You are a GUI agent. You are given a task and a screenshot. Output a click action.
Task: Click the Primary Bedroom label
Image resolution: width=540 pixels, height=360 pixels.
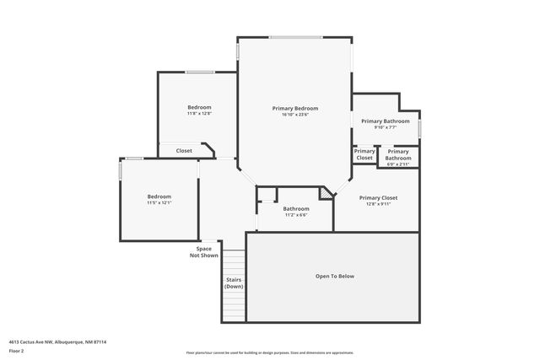[x=294, y=108]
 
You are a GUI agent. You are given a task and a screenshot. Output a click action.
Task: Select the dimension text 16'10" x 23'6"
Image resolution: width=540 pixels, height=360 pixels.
[x=294, y=115]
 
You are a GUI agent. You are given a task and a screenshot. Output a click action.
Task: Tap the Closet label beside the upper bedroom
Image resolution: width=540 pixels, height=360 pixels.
[x=184, y=151]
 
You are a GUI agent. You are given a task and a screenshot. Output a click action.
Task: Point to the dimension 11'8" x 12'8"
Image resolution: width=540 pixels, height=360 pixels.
[x=199, y=114]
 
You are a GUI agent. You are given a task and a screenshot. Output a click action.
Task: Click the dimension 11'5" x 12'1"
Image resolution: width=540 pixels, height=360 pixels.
[x=159, y=202]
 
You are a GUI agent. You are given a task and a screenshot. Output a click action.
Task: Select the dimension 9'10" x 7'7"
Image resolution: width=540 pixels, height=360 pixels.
[x=385, y=128]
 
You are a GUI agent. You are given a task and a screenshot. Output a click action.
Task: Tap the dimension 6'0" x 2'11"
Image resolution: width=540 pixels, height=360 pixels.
[x=398, y=164]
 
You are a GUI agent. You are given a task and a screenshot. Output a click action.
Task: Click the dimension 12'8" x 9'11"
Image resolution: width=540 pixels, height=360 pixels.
[x=378, y=204]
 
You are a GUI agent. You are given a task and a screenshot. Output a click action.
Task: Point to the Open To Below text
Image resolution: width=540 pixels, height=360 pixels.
[x=334, y=277]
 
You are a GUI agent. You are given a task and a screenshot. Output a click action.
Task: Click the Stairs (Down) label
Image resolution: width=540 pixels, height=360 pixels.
[x=234, y=283]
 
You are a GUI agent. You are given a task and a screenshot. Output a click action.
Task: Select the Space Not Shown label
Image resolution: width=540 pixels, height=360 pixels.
[x=203, y=252]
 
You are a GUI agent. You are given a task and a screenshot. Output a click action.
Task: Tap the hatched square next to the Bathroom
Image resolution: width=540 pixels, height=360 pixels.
[x=326, y=194]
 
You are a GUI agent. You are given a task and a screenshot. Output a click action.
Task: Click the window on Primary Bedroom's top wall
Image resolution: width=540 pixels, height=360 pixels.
[x=294, y=37]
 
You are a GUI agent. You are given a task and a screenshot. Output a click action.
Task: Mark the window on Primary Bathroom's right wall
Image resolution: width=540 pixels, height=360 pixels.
[x=419, y=127]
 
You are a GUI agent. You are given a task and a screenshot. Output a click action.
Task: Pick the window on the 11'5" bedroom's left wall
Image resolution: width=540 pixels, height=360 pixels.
[x=120, y=171]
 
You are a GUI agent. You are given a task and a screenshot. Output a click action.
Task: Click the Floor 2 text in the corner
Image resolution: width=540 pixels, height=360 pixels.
[x=17, y=350]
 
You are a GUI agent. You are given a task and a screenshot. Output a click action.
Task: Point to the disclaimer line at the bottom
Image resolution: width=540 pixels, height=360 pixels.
[x=269, y=352]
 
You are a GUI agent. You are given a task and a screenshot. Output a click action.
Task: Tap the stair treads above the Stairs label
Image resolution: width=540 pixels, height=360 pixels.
[x=234, y=262]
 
